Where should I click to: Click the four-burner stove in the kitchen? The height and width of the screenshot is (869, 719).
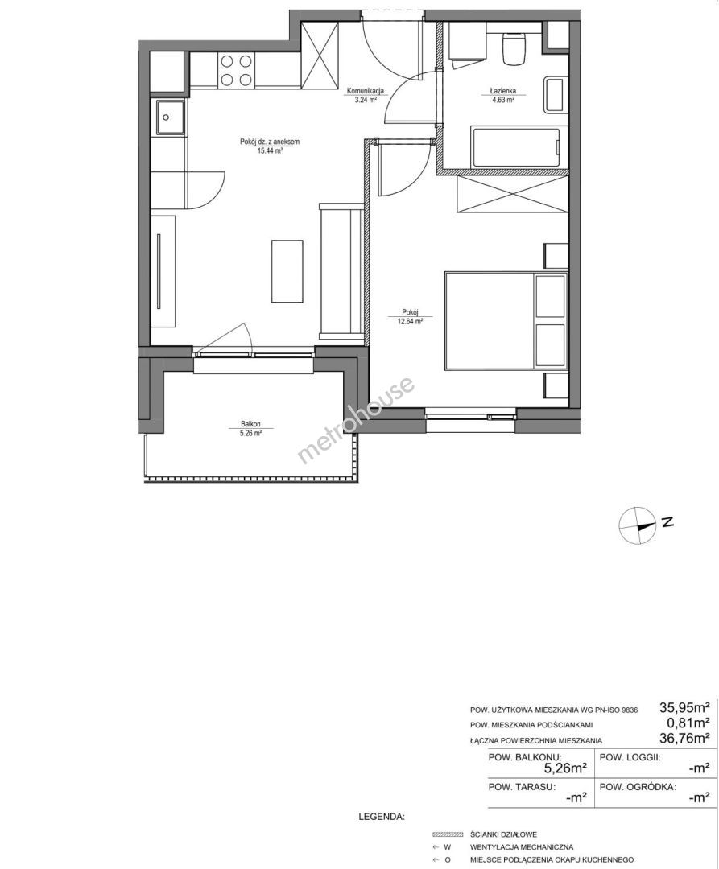pos(237,70)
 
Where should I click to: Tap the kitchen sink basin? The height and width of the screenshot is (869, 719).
pos(170,117)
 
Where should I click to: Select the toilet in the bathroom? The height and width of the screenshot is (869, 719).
pos(512,48)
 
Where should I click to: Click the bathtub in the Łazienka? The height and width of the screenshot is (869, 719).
pos(515,147)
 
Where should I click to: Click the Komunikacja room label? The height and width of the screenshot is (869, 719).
pos(366,91)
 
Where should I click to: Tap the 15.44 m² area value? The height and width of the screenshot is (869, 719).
pos(270,150)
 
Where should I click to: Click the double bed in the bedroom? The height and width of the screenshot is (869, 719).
pos(506,319)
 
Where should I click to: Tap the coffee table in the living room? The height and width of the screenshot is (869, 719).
pos(287,271)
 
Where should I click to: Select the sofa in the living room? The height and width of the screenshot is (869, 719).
pos(341,272)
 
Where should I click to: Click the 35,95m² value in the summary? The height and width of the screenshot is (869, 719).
pos(684,707)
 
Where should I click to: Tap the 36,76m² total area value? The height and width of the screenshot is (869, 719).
pos(684,738)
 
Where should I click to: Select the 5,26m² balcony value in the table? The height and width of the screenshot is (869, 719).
pos(565,768)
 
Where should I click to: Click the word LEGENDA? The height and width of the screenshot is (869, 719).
pos(382,817)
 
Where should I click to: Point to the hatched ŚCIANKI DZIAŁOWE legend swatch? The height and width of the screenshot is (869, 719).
pos(448,834)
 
